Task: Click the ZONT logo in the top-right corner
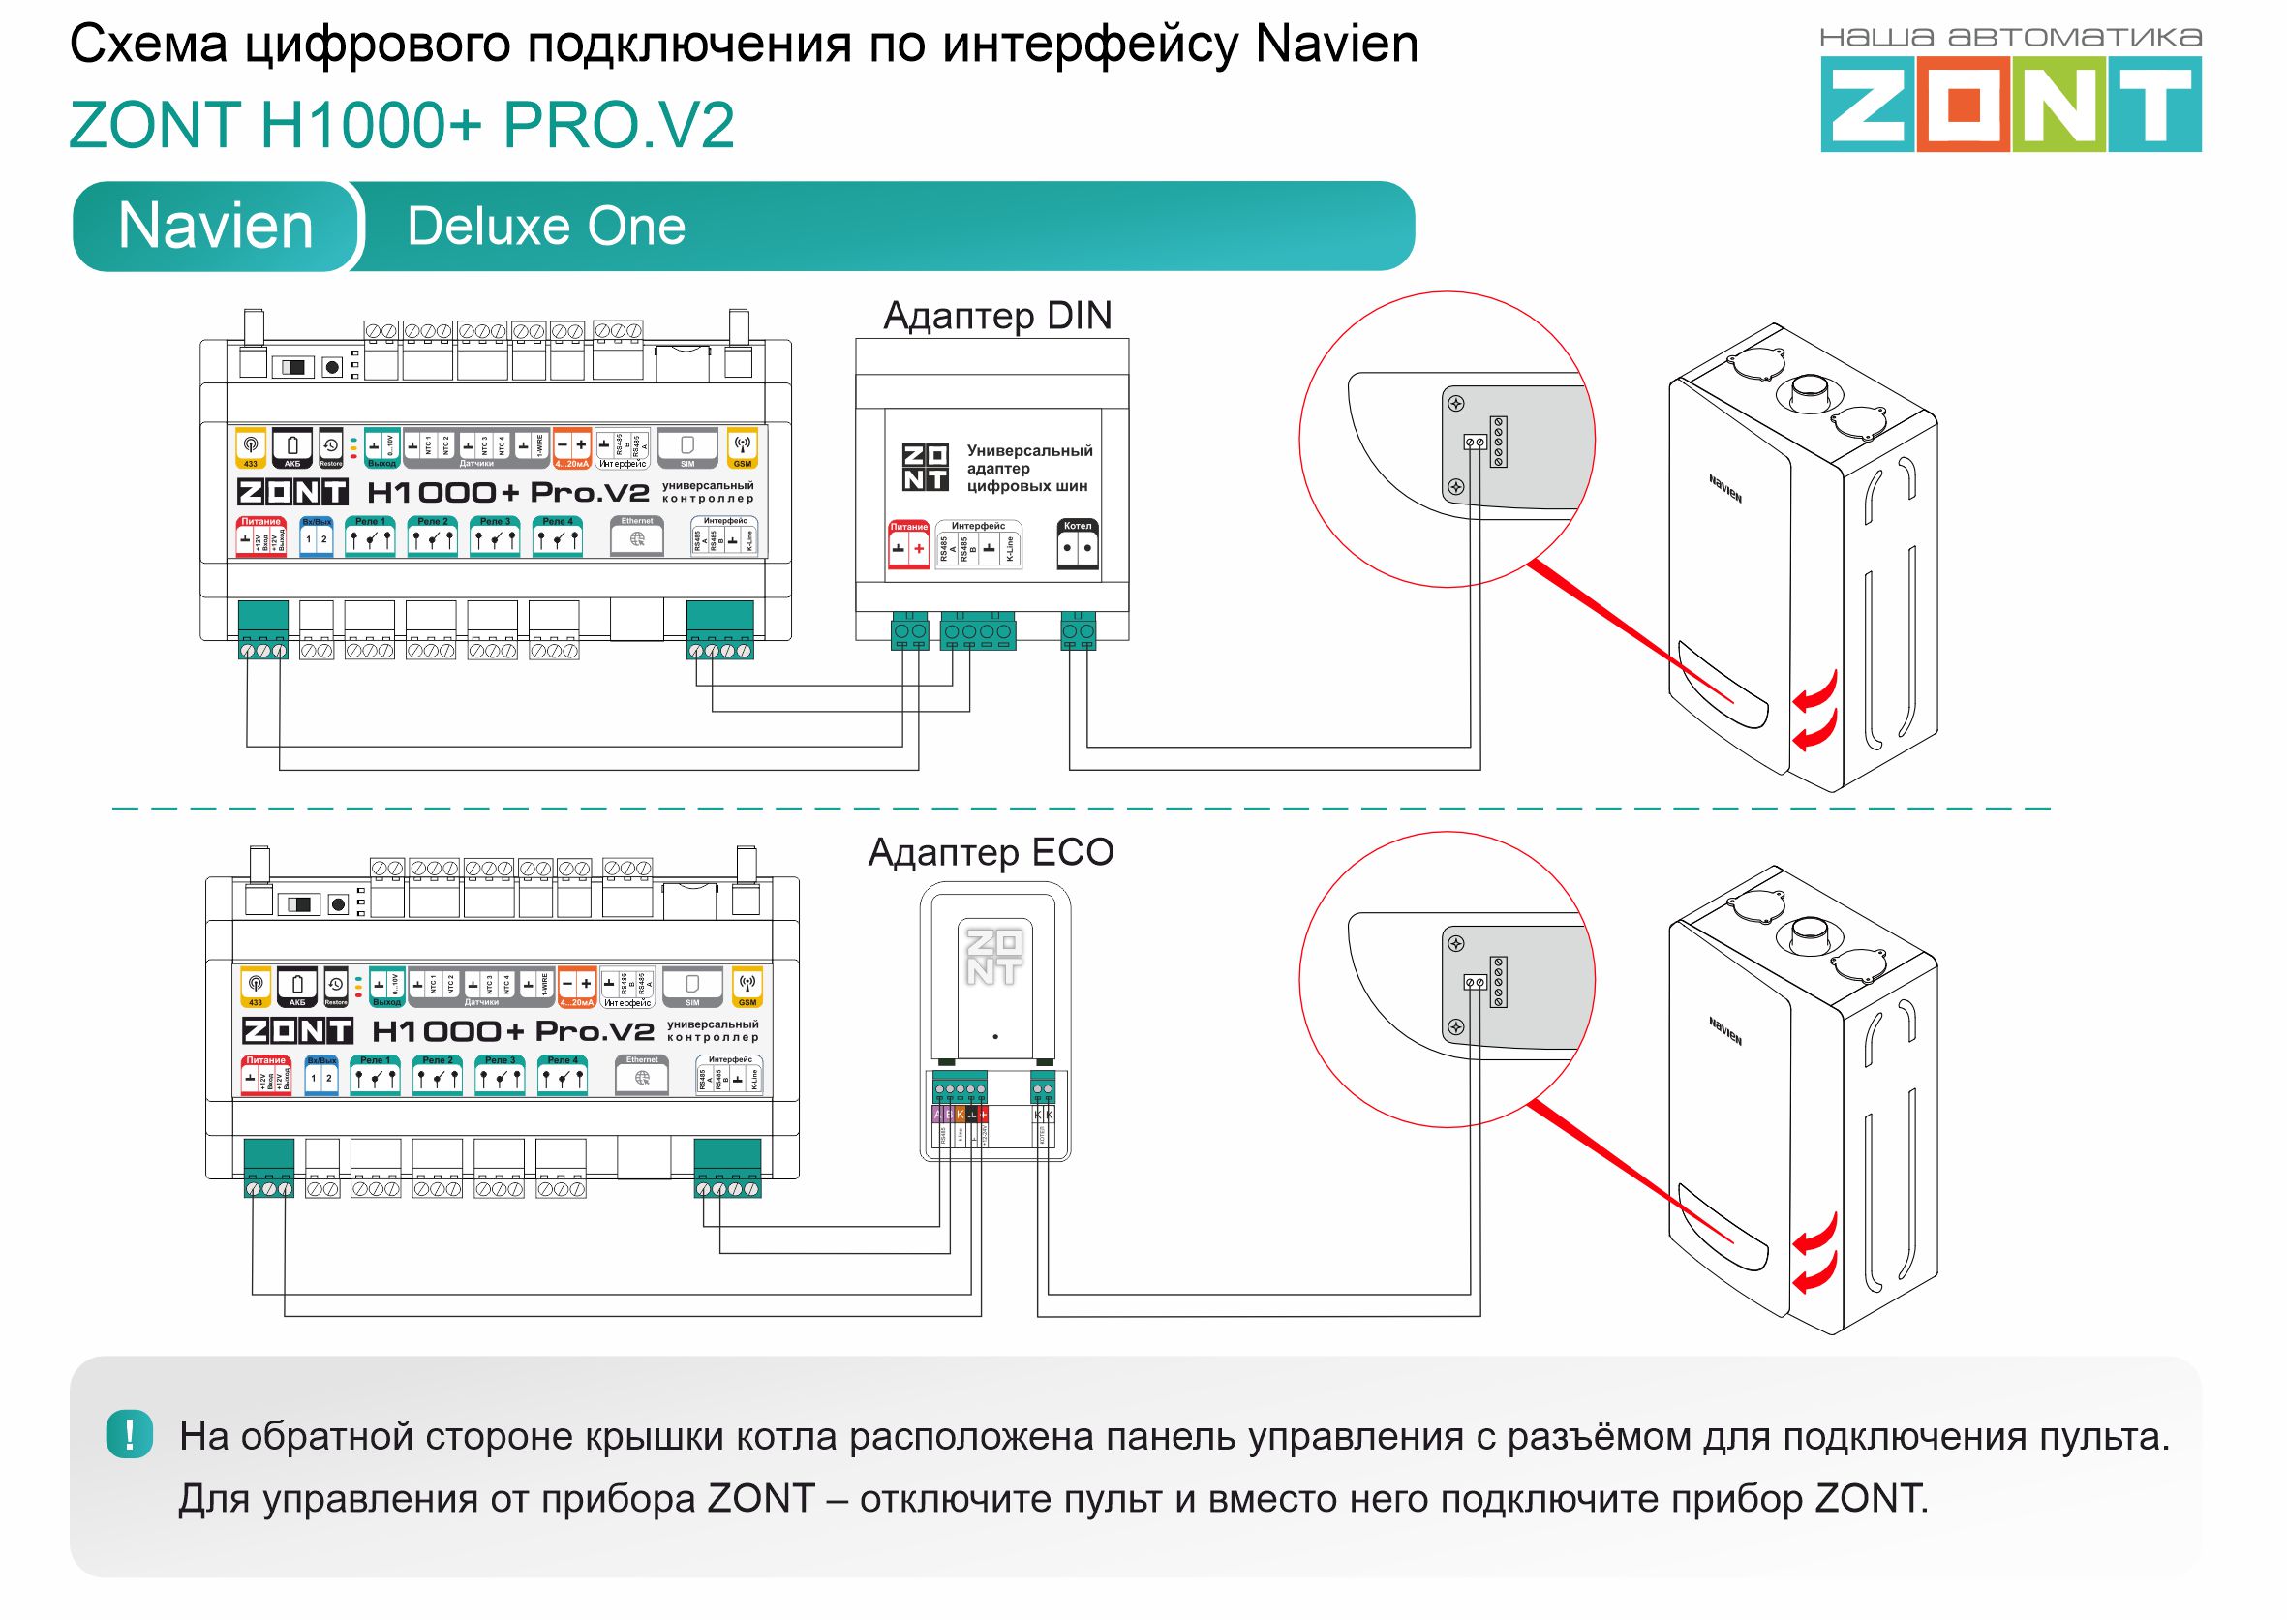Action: (2010, 104)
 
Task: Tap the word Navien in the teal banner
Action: (215, 227)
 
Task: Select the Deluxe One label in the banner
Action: (545, 227)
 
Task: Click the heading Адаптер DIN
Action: (996, 317)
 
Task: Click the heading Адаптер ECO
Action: (991, 853)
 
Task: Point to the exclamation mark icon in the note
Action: (129, 1435)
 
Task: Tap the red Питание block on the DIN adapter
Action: (907, 543)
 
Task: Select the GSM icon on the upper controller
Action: (742, 448)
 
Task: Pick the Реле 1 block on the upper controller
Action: (370, 536)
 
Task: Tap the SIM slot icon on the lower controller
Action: (692, 987)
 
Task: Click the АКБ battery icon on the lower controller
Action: (297, 987)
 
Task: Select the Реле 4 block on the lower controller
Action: (563, 1076)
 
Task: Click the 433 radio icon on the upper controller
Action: (251, 448)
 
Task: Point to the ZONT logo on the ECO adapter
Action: (994, 958)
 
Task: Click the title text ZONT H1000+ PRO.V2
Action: (402, 126)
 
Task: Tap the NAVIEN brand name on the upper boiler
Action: (1725, 489)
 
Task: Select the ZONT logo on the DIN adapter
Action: (925, 468)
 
